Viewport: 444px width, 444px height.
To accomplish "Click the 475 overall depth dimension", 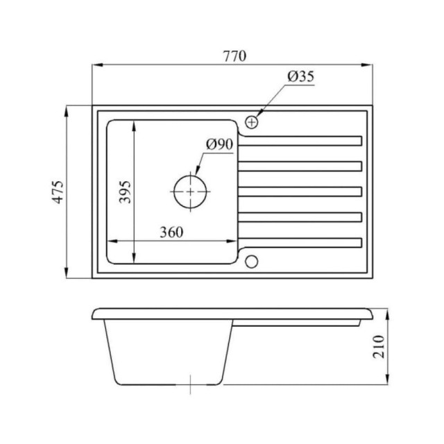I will (x=59, y=191).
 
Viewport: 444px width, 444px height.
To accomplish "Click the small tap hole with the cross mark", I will (x=251, y=122).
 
